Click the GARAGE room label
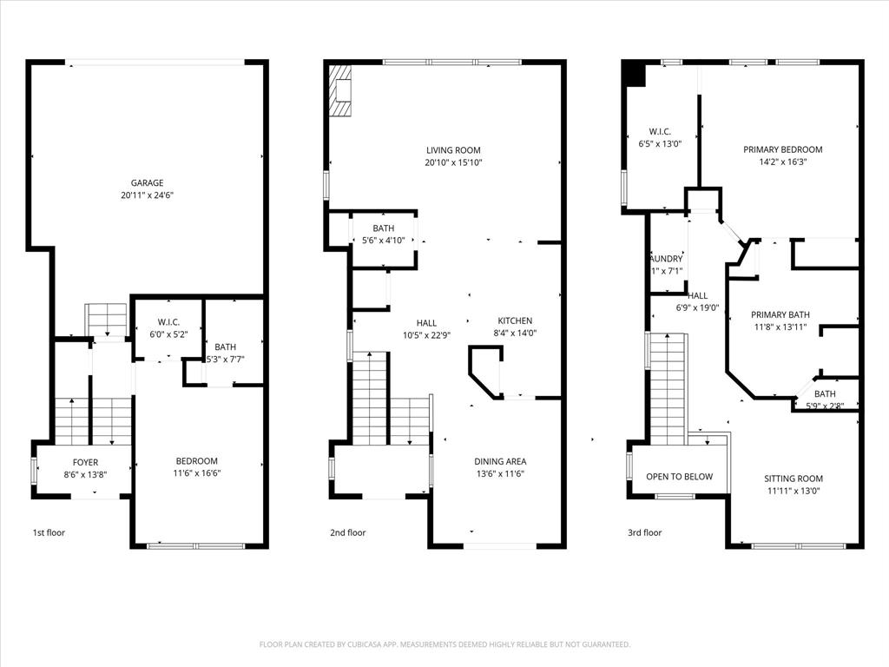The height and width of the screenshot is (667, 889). pos(147,183)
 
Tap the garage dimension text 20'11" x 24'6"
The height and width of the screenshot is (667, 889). pos(147,195)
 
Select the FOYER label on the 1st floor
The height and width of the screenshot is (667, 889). pos(85,463)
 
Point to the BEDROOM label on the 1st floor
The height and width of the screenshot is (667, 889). pos(196,461)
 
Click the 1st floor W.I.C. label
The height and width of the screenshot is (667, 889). pos(168,322)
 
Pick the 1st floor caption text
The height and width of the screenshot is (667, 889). pos(49,532)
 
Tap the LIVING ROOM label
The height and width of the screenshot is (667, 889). pos(452,150)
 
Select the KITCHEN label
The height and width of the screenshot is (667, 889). pos(514,321)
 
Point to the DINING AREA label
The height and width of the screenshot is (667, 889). pos(500,461)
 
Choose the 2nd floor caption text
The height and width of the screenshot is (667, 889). pos(347,532)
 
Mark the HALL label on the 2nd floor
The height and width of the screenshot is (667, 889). pos(425,323)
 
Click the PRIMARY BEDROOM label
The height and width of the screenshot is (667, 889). pos(782,149)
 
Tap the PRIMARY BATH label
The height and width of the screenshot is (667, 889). pos(780,314)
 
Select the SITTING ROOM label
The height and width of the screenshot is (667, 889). pos(793,479)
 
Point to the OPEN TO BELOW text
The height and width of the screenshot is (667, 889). pos(679,476)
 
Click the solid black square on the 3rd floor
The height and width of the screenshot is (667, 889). pos(635,75)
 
